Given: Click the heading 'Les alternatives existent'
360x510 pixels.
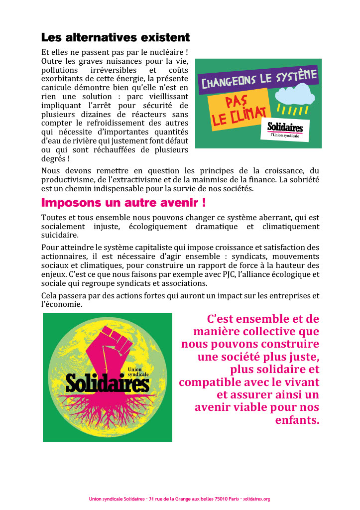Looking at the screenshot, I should pyautogui.click(x=115, y=37).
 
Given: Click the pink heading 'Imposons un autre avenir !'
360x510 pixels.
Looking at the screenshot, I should pyautogui.click(x=123, y=203).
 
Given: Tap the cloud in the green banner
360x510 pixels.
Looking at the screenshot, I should pyautogui.click(x=295, y=94).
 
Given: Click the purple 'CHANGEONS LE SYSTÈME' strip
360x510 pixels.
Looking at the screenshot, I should pyautogui.click(x=258, y=80).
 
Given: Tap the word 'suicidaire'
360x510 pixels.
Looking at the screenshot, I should pyautogui.click(x=60, y=235).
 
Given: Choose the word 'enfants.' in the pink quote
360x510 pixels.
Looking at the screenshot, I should pyautogui.click(x=297, y=420).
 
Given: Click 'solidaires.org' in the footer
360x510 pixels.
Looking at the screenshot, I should pyautogui.click(x=255, y=499).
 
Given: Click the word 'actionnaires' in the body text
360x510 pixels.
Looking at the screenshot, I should pyautogui.click(x=66, y=256).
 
